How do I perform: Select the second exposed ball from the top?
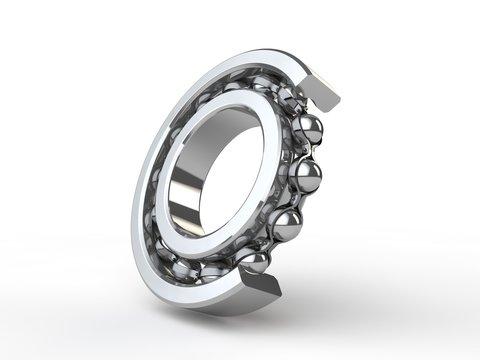pyautogui.click(x=305, y=177)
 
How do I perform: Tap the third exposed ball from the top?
pyautogui.click(x=287, y=223)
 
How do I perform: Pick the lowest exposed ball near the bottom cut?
pyautogui.click(x=255, y=262)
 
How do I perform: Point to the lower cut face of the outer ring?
pyautogui.click(x=262, y=289)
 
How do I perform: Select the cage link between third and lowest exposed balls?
pyautogui.click(x=273, y=245)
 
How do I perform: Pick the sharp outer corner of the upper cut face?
pyautogui.click(x=338, y=101)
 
